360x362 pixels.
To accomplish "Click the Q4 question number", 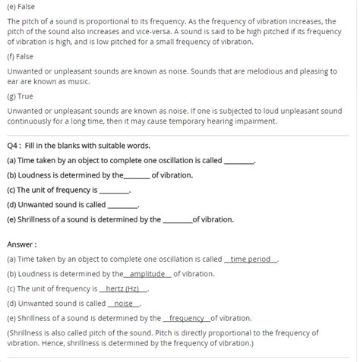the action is [x=14, y=145].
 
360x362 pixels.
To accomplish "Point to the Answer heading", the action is [x=22, y=244].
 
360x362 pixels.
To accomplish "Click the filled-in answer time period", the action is [x=251, y=260].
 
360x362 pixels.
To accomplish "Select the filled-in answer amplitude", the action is [x=148, y=274].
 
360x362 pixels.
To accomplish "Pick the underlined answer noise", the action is [x=123, y=304].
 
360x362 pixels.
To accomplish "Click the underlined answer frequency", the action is [x=187, y=319].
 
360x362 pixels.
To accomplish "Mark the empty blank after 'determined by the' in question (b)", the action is [x=137, y=175].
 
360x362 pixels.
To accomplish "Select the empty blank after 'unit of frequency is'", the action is [x=115, y=190].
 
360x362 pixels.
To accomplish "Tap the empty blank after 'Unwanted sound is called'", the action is [x=122, y=205].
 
